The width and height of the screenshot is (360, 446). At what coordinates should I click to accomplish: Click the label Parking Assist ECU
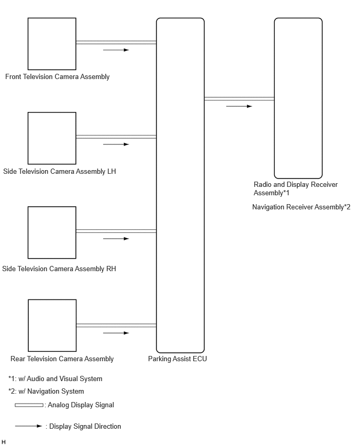177,359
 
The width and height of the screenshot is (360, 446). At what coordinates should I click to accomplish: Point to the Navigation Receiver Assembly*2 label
301,207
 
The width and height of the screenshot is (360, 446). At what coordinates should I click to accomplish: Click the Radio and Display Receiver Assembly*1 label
296,188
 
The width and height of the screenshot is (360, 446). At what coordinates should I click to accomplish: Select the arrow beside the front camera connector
116,50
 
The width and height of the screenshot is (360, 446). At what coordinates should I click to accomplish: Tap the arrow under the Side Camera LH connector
116,144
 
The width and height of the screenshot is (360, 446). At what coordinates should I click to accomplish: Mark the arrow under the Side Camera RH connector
116,239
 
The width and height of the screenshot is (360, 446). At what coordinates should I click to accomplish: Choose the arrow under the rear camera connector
116,333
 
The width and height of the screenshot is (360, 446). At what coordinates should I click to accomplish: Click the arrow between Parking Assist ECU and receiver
239,106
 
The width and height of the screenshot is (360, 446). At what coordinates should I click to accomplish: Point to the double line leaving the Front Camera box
116,42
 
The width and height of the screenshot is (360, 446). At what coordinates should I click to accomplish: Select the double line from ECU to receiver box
239,99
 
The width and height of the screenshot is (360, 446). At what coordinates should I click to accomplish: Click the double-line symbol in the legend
29,405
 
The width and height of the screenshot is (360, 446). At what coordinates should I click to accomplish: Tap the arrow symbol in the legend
28,426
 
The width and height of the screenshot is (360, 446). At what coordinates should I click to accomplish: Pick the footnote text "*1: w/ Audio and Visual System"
55,379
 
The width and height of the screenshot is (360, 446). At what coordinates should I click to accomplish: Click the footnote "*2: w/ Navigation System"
46,392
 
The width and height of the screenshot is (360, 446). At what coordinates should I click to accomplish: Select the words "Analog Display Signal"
81,405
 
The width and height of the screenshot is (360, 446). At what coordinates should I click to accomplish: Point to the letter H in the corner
4,442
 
